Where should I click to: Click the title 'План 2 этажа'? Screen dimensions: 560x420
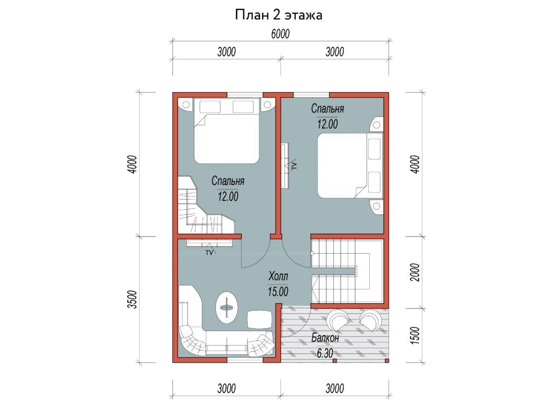click(278, 15)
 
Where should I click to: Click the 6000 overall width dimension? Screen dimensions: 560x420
click(280, 34)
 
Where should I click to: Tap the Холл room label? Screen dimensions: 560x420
click(278, 276)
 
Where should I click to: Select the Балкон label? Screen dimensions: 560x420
click(325, 338)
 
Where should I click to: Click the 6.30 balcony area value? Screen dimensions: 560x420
click(325, 353)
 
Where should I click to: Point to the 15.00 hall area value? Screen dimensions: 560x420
click(278, 292)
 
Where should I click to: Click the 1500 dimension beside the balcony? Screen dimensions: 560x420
click(415, 336)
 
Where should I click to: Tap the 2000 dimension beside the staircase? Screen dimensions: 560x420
click(415, 272)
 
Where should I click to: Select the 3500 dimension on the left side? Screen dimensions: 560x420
click(133, 300)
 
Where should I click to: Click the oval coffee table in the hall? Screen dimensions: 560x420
click(227, 308)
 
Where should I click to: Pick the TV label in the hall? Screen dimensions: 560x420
click(209, 253)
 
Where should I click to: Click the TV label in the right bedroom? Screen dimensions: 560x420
click(294, 166)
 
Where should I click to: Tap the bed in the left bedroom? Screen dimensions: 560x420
click(226, 131)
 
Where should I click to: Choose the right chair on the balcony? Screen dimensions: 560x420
click(370, 321)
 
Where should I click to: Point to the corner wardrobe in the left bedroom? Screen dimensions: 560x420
click(193, 205)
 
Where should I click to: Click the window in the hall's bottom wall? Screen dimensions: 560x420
click(245, 360)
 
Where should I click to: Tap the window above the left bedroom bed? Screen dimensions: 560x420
click(245, 95)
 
